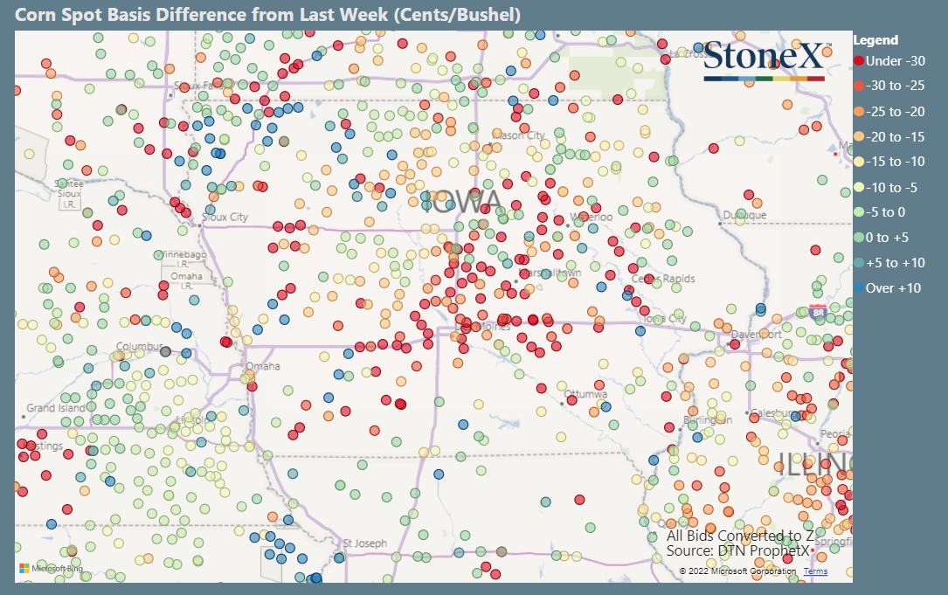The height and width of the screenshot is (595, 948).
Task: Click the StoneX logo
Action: [x=763, y=59]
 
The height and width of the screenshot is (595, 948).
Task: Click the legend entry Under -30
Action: [x=889, y=60]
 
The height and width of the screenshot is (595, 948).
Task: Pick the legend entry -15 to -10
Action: [x=894, y=162]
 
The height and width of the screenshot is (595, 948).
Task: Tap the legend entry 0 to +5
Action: [x=889, y=237]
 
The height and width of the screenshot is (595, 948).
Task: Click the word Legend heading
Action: [x=875, y=40]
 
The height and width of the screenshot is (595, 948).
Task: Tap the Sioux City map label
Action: [x=225, y=217]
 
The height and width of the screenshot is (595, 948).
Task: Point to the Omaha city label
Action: [x=262, y=366]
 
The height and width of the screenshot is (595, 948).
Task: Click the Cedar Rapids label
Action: [x=663, y=279]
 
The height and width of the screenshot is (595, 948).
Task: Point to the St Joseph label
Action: [x=364, y=543]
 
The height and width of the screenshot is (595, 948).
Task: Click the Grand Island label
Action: [x=56, y=408]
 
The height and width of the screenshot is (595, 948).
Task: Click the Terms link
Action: [x=815, y=571]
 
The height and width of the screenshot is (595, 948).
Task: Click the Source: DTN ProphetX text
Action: [x=738, y=550]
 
